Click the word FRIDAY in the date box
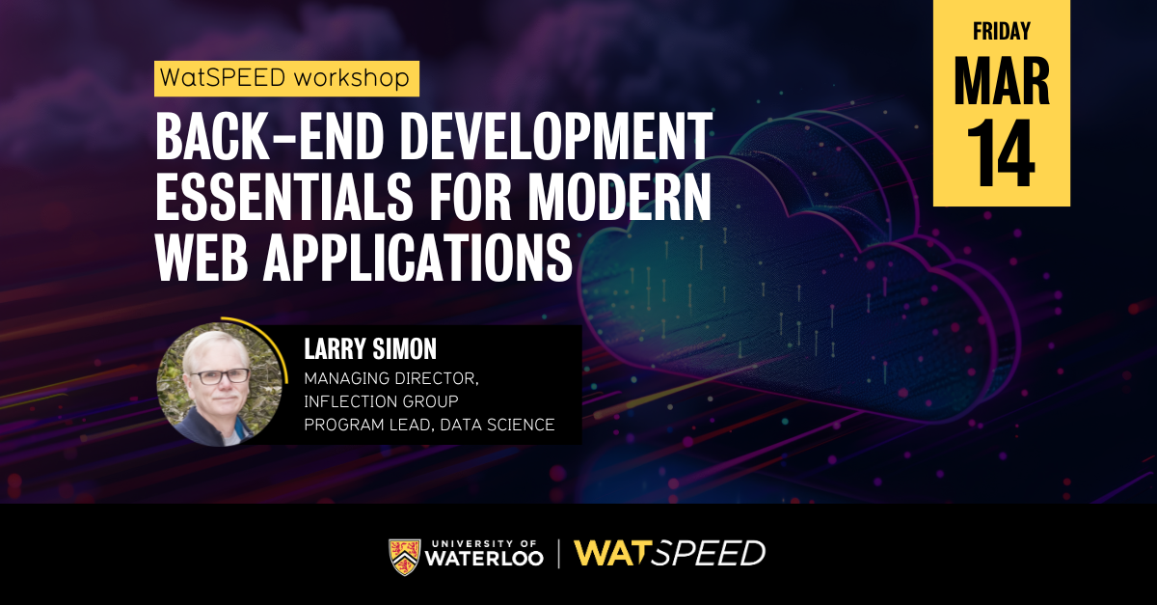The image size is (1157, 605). pyautogui.click(x=1001, y=31)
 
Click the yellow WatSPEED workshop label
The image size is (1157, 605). pyautogui.click(x=286, y=78)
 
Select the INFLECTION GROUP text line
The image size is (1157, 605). pyautogui.click(x=381, y=400)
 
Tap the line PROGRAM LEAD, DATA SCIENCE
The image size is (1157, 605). pyautogui.click(x=429, y=425)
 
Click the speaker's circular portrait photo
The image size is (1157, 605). pyautogui.click(x=220, y=383)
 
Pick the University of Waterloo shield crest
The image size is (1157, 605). pyautogui.click(x=404, y=554)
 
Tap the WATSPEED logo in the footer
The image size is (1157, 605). pyautogui.click(x=669, y=554)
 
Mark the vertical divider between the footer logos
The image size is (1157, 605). pyautogui.click(x=559, y=554)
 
